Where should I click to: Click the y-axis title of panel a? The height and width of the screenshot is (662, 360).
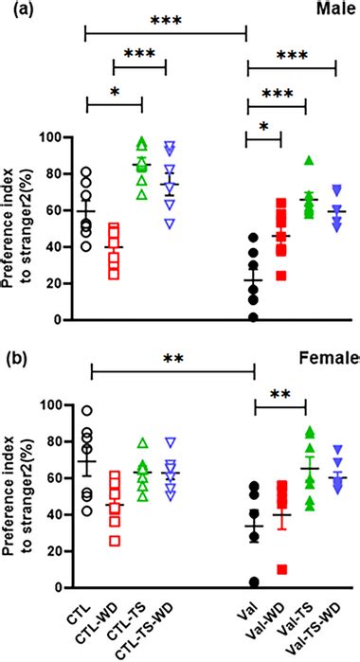click(x=24, y=227)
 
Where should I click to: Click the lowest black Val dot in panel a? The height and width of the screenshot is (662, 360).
click(x=253, y=317)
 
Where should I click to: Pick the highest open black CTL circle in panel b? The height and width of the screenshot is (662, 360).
click(x=86, y=411)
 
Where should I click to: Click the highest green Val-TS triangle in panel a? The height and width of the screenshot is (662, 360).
click(x=308, y=161)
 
